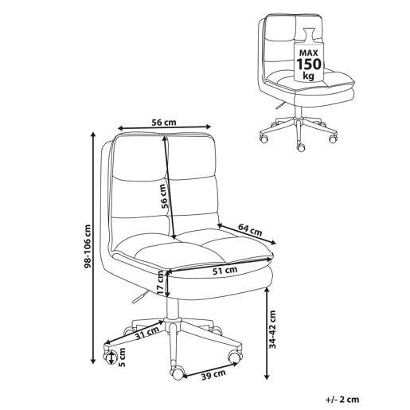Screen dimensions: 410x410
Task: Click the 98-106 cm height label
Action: coord(88,246)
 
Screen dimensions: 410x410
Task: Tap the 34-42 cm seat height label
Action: coord(272,329)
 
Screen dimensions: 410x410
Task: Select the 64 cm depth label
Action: coord(250,230)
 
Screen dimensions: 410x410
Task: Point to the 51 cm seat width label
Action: coord(225,271)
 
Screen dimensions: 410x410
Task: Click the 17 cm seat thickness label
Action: coord(161,283)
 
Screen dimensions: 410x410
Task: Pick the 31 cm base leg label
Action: coord(146,333)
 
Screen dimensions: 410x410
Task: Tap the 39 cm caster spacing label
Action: coord(213,375)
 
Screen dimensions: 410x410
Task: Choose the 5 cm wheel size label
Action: coord(122,357)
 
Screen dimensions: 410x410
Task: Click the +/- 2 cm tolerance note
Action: coord(342,400)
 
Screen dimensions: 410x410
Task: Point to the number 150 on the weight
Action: coord(309,64)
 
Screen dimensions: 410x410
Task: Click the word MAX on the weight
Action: coord(309,53)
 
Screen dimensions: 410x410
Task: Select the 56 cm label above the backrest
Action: coord(164,123)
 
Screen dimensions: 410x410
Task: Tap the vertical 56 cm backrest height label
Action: coord(165,196)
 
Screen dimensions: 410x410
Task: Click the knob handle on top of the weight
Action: coord(309,34)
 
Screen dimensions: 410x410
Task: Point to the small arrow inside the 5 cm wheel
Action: coord(111,357)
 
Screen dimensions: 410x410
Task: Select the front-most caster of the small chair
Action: coord(301,147)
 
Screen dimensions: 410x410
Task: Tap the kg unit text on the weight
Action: coord(309,76)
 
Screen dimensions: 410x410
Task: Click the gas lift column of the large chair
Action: coord(173,308)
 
